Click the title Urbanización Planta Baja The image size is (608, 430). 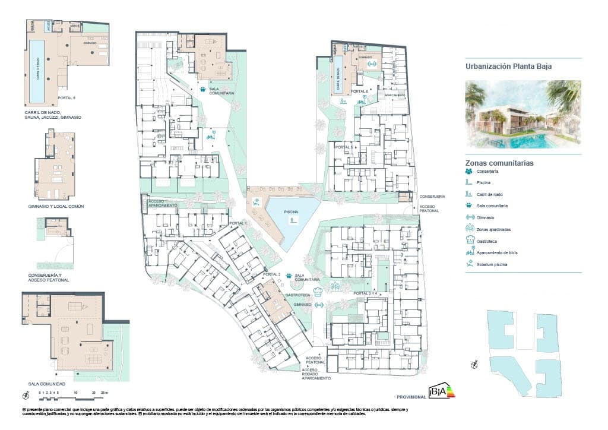coord(509,67)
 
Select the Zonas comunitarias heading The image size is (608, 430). coord(499,163)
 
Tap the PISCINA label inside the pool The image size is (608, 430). coord(291,212)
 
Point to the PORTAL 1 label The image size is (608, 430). coord(237,223)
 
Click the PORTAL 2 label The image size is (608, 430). coord(272,274)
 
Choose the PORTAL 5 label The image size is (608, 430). coord(344,147)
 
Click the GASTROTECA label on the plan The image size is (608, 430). coord(295,295)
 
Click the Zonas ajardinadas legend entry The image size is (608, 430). coord(493,229)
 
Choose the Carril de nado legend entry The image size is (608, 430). coord(490,194)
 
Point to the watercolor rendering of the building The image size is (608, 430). coord(523,114)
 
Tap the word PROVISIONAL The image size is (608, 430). coord(411,396)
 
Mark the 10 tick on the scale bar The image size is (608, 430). coord(75,393)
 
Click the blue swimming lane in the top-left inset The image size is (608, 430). coord(37,70)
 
